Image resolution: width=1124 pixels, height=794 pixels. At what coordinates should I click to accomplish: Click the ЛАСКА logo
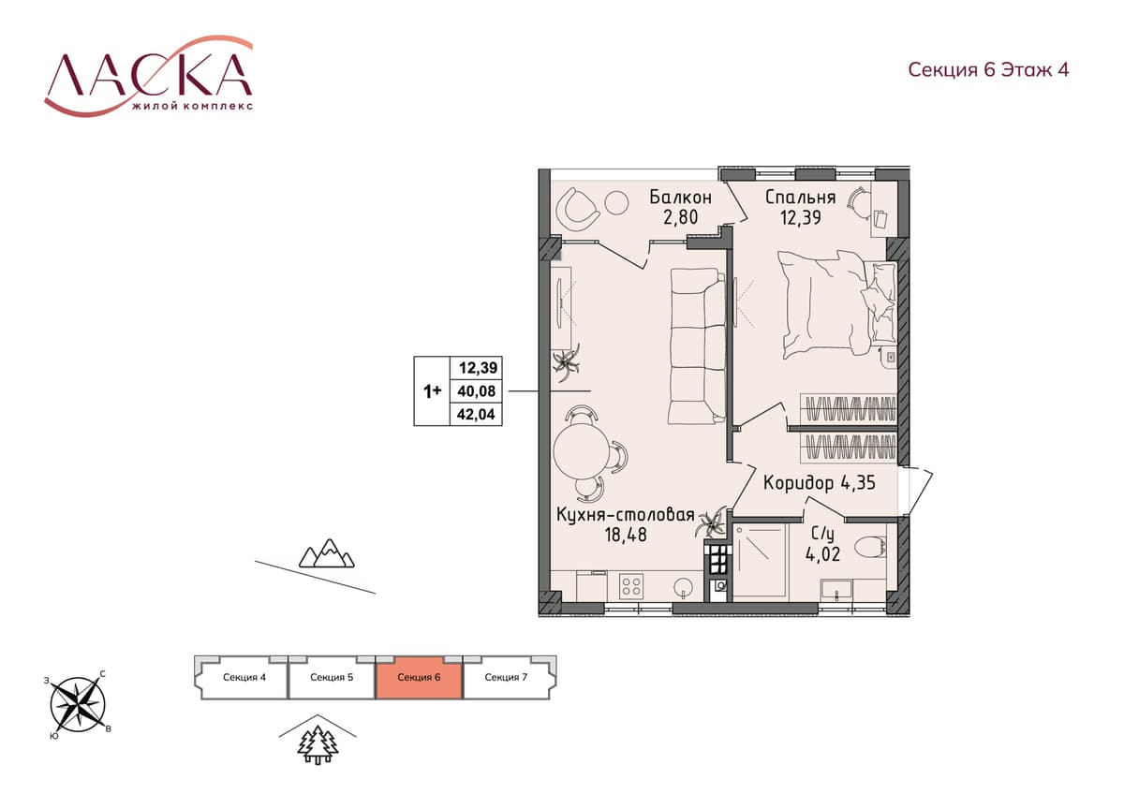[149, 75]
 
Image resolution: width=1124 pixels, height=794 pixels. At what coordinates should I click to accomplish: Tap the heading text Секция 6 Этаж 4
[988, 69]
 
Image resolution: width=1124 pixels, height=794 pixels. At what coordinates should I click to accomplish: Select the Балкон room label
[680, 198]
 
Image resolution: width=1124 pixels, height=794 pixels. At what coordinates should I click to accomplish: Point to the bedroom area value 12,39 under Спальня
[800, 217]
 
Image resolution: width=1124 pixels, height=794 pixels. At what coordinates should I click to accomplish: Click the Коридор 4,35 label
[819, 483]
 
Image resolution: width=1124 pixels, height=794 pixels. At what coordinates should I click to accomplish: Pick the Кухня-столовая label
[626, 515]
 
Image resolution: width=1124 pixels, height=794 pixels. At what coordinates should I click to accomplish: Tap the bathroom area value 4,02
[822, 554]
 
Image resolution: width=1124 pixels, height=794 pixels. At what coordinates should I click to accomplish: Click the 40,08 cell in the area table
[476, 391]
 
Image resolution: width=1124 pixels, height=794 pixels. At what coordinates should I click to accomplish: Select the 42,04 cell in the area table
[476, 414]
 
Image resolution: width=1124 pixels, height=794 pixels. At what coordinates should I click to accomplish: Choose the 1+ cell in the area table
[432, 391]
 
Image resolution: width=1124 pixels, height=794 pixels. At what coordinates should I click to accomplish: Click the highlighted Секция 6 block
[419, 678]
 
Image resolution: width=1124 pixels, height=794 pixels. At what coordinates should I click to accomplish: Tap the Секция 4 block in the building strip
[244, 678]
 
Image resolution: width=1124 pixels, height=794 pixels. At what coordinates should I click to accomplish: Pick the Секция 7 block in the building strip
[507, 678]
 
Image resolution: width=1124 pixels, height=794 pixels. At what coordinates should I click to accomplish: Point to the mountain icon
[327, 553]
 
